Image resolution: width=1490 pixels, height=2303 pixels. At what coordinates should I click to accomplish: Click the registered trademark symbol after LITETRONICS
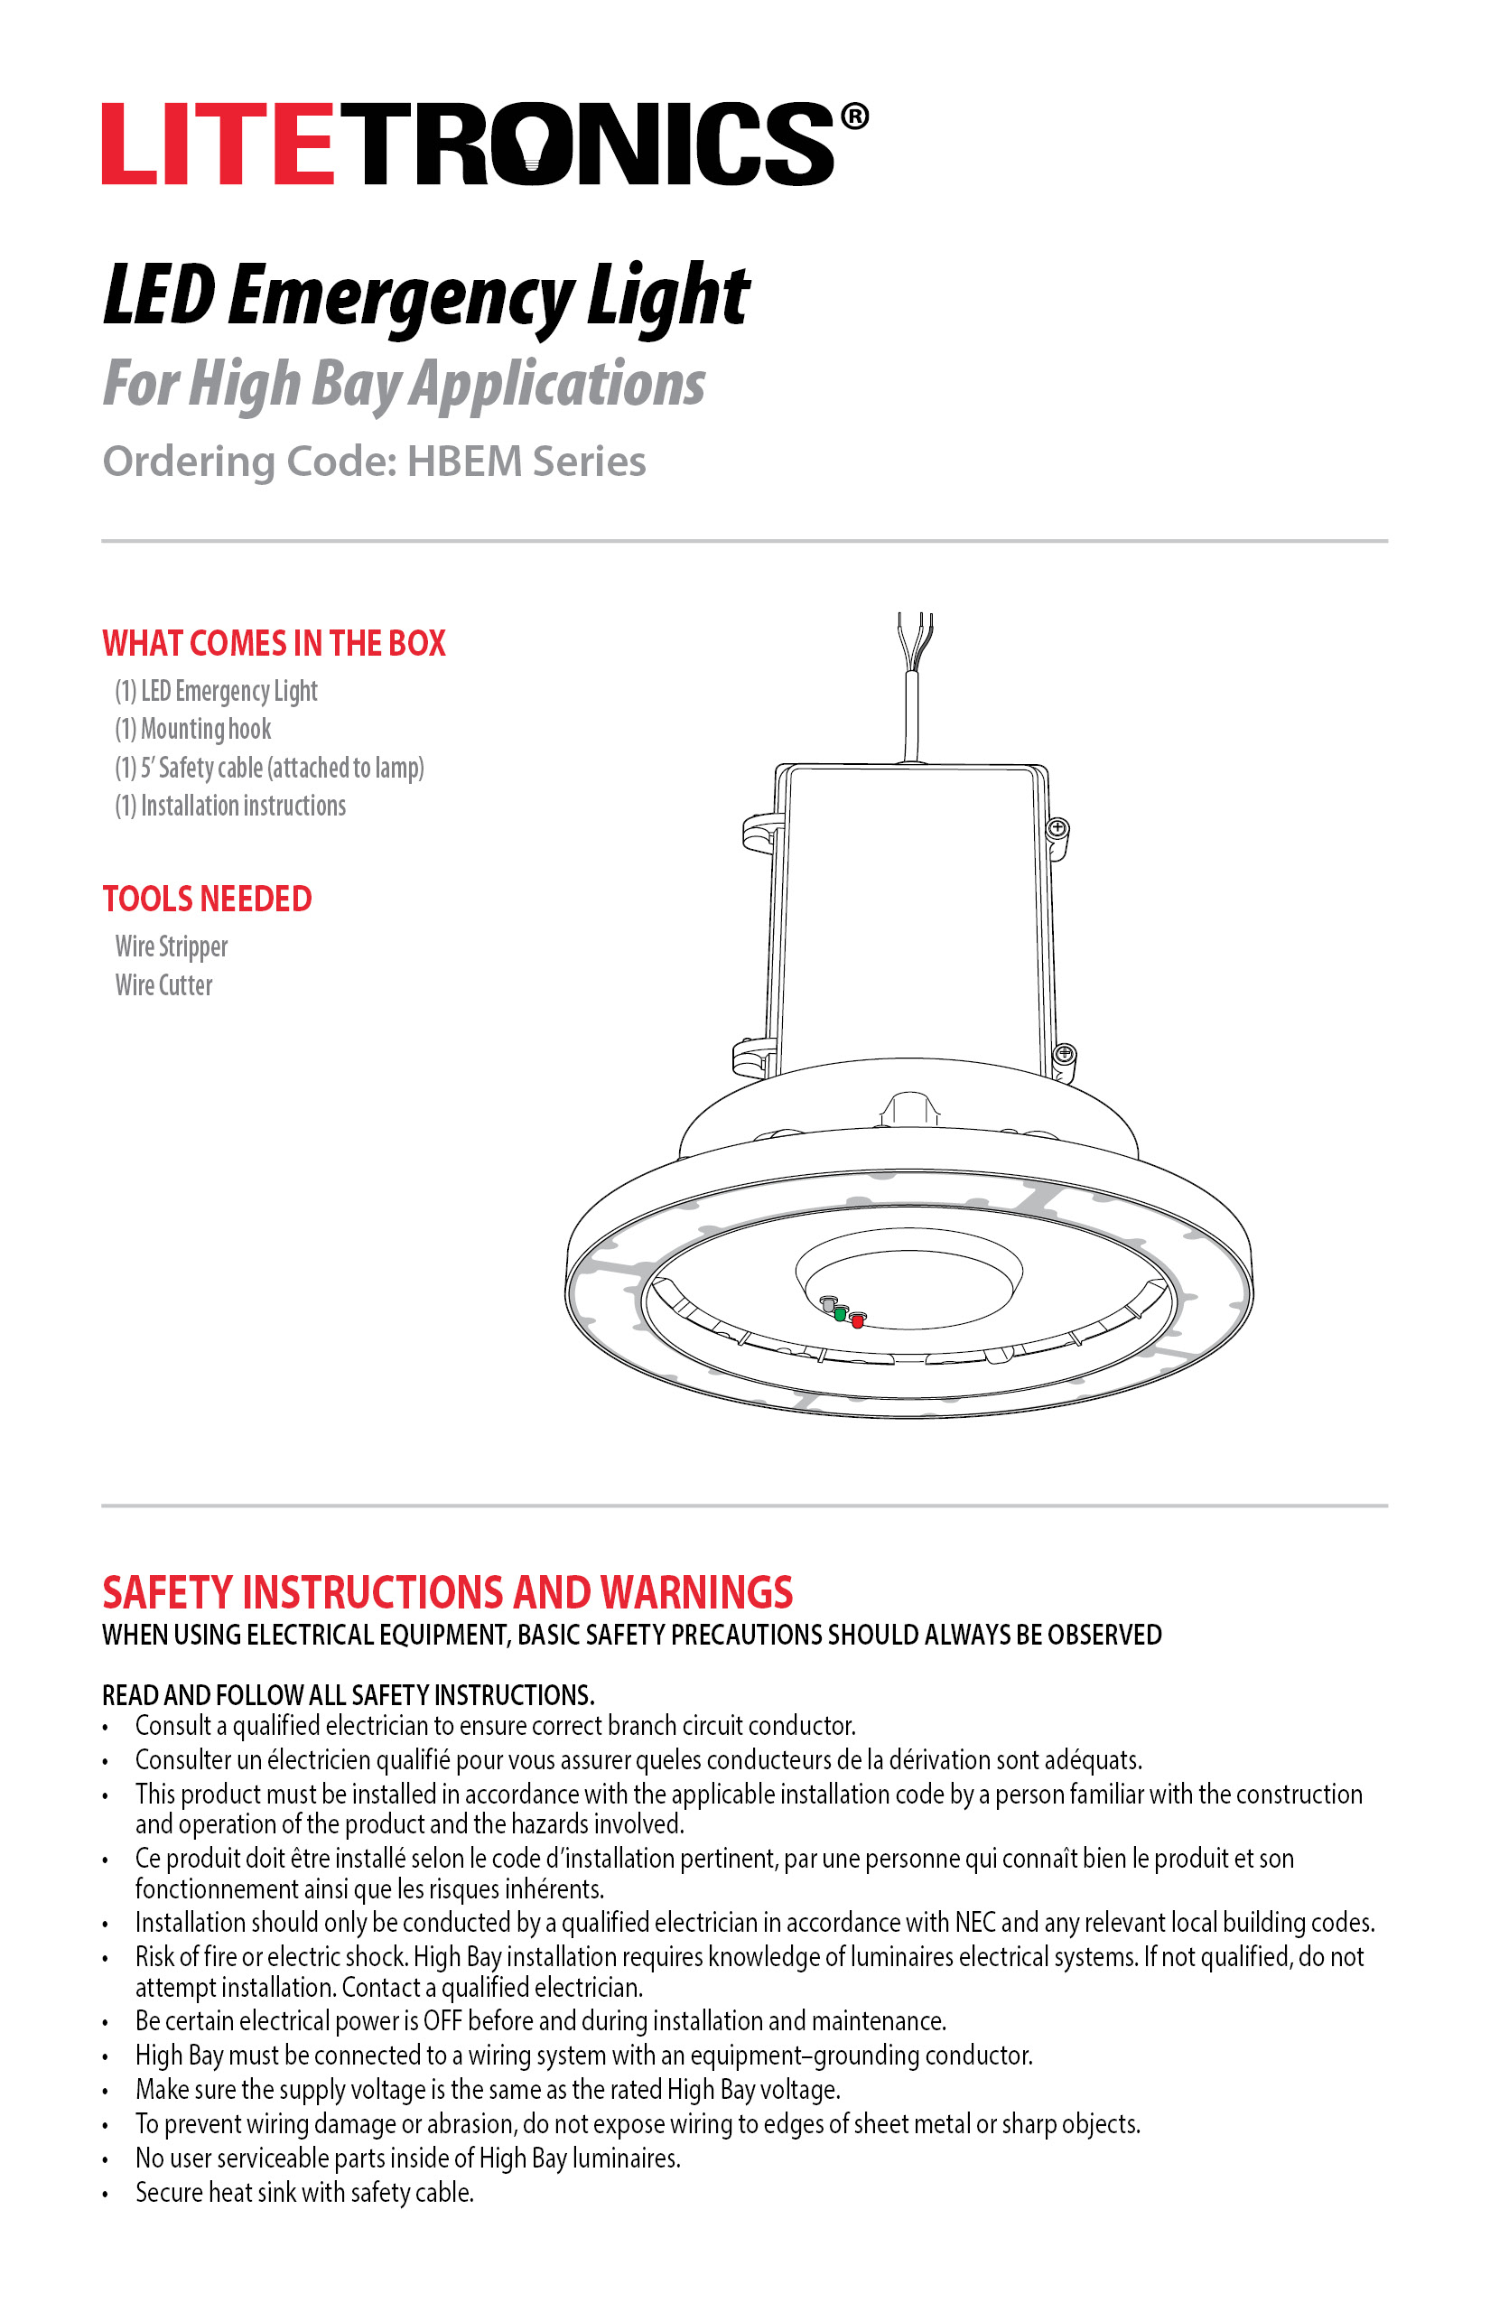[854, 117]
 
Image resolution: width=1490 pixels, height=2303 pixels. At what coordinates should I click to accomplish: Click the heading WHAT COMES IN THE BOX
[274, 643]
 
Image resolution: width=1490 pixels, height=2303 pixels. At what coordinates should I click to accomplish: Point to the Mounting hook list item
[193, 729]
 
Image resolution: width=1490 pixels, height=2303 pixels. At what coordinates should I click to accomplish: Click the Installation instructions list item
[230, 806]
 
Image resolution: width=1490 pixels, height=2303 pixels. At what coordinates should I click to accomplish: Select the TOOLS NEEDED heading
[207, 899]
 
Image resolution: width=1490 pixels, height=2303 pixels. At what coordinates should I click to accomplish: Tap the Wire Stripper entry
[172, 946]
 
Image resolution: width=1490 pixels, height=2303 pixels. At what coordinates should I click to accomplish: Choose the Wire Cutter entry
[163, 985]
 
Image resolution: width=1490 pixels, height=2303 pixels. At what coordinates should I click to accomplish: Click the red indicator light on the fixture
[857, 1319]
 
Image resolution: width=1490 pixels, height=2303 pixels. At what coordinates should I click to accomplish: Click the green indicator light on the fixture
[841, 1313]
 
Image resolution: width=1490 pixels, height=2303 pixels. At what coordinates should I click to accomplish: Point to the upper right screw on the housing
[1057, 828]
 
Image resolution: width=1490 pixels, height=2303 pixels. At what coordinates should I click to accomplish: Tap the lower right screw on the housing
[1065, 1053]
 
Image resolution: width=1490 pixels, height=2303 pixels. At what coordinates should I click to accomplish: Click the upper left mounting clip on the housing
[761, 833]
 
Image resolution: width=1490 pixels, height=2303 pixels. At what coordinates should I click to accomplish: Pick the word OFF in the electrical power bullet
[442, 2021]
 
